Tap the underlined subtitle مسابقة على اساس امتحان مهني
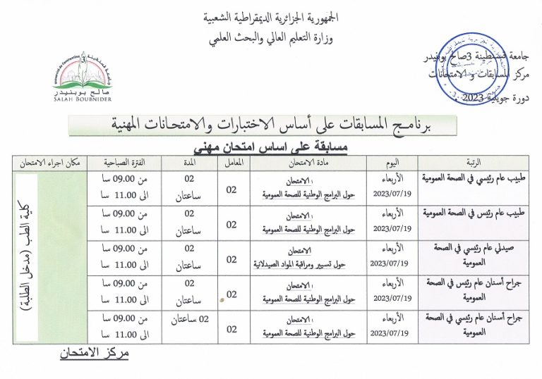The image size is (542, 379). click(271, 147)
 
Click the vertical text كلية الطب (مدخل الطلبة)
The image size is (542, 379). click(54, 254)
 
